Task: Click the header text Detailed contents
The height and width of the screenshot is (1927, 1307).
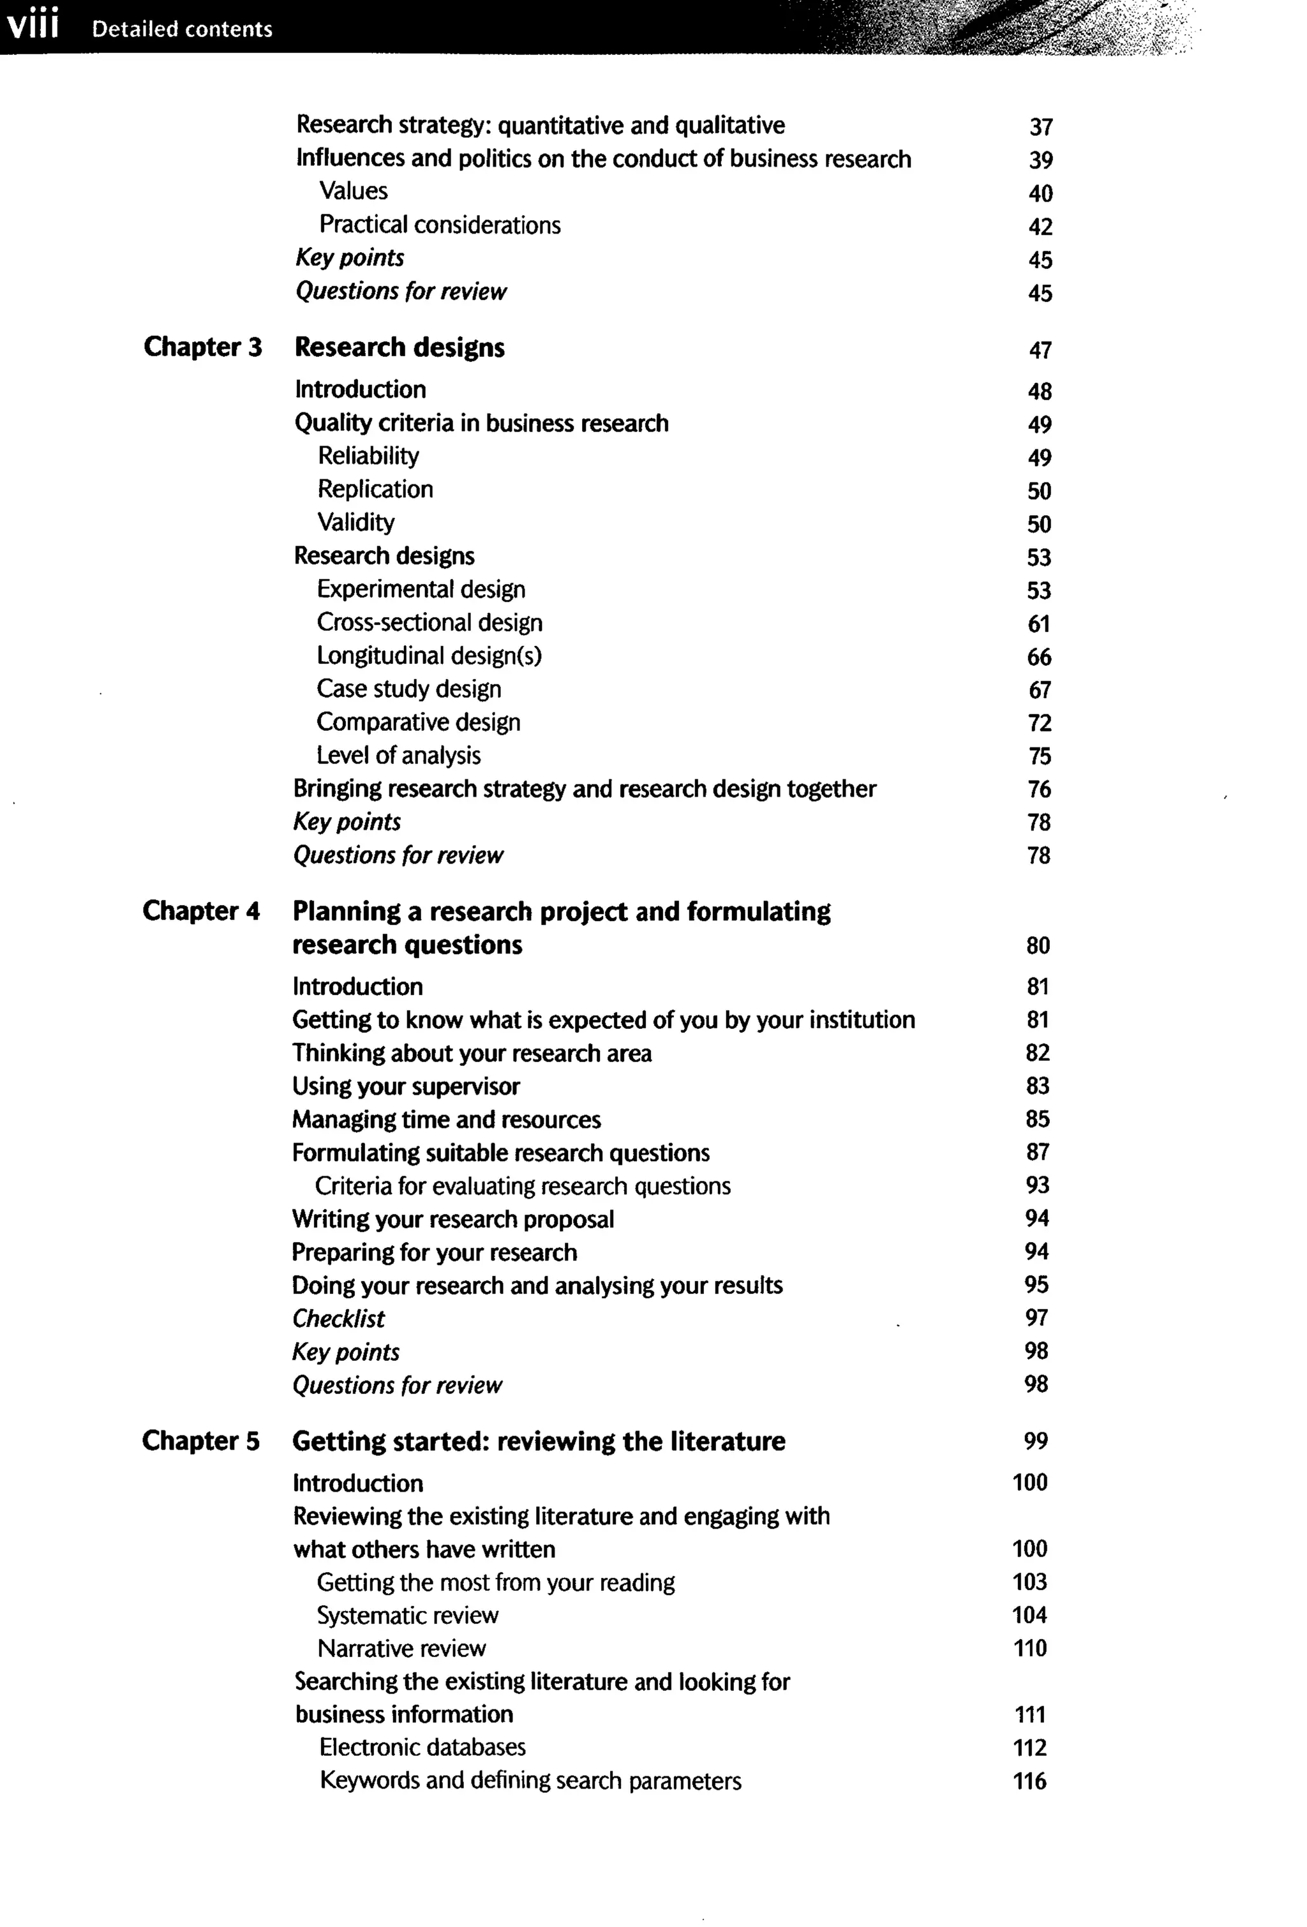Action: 181,29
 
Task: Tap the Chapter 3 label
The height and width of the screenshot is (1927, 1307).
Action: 202,347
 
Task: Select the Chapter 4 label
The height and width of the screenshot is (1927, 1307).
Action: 202,910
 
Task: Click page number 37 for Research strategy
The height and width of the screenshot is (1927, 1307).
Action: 1040,127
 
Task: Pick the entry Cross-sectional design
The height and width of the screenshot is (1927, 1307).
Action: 429,623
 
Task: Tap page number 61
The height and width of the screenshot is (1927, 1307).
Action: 1038,624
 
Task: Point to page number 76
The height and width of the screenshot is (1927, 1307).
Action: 1038,788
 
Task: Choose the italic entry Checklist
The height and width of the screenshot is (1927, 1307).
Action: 338,1318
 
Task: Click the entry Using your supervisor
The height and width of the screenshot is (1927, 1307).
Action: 405,1086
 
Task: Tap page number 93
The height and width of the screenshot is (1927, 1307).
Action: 1037,1186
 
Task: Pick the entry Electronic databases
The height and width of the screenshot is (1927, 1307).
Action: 422,1748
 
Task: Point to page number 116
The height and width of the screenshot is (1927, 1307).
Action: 1029,1781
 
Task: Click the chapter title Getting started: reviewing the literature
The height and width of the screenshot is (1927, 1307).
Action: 539,1441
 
